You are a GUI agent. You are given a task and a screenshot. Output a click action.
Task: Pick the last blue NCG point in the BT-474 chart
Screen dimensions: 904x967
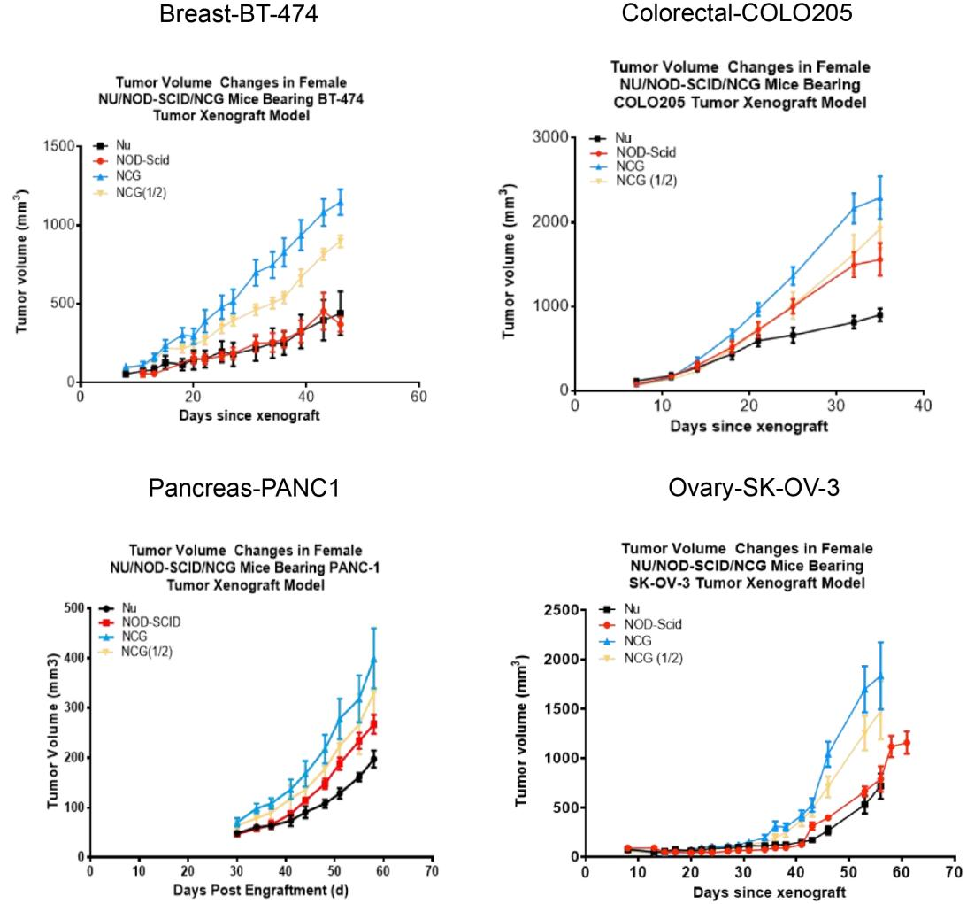[340, 203]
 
